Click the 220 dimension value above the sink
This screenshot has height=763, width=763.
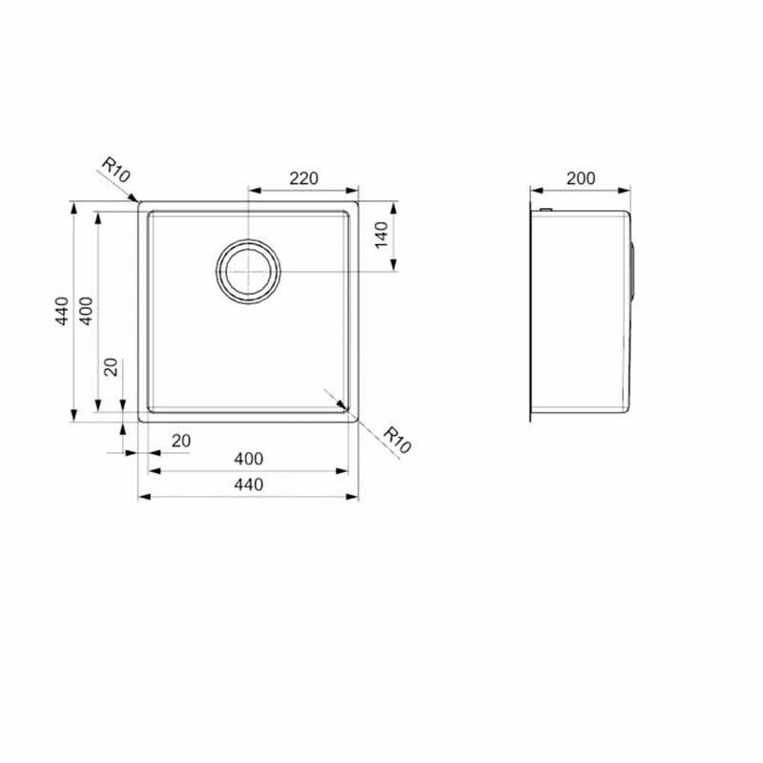click(303, 178)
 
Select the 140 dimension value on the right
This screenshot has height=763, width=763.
click(382, 235)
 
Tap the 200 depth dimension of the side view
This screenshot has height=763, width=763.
click(581, 178)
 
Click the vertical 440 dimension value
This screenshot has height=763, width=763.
click(62, 311)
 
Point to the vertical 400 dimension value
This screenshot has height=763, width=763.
click(86, 311)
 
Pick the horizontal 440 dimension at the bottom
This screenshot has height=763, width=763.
click(249, 485)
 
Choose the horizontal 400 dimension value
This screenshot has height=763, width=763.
click(249, 459)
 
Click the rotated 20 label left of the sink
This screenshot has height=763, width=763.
click(112, 367)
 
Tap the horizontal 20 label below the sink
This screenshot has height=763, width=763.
click(181, 441)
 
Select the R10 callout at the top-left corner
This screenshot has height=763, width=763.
click(115, 170)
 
